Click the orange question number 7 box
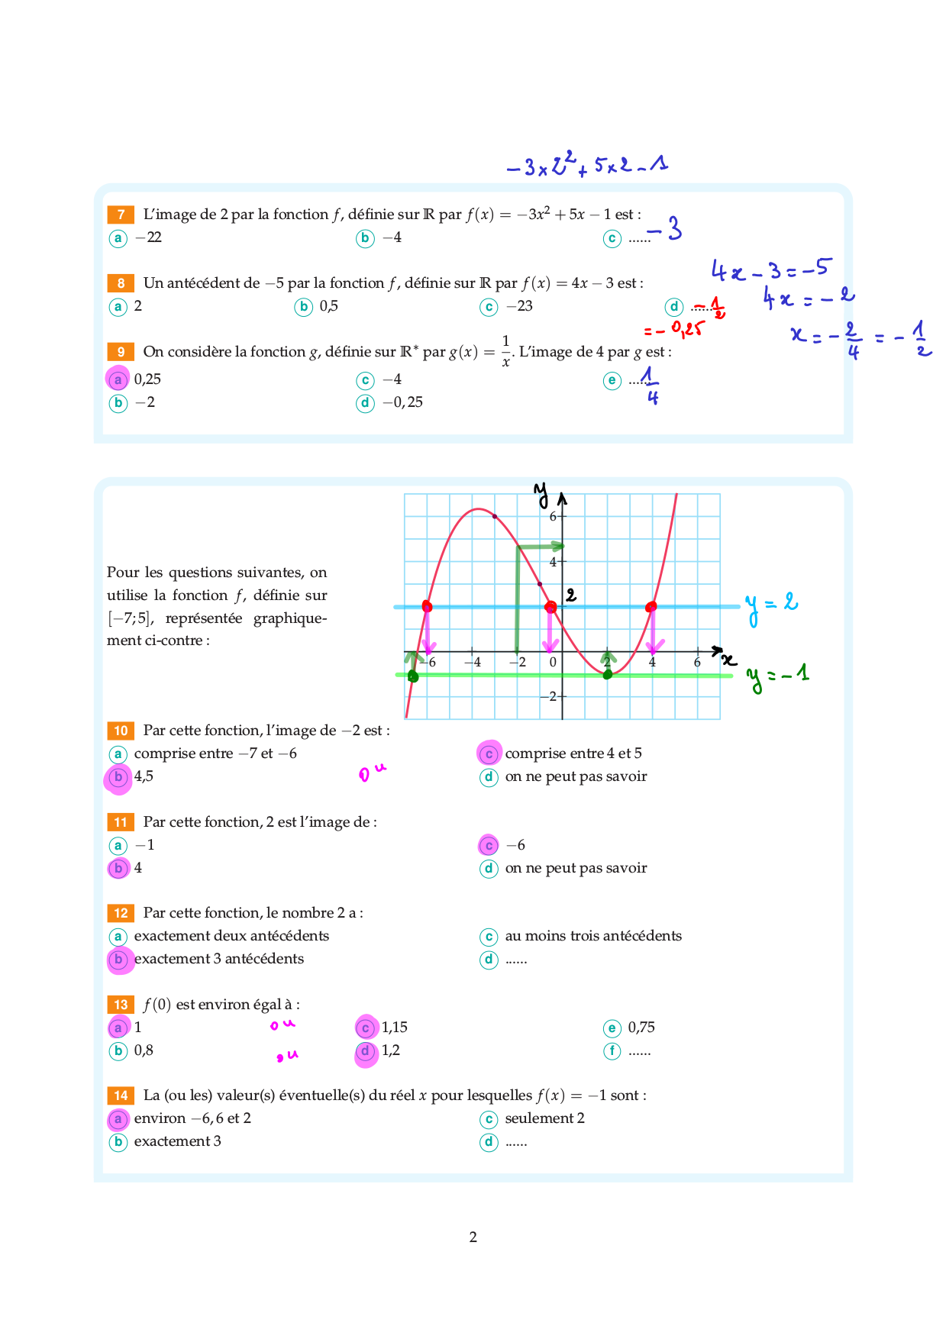(121, 215)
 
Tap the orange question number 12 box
(121, 913)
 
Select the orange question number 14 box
(121, 1095)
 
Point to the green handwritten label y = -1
(777, 676)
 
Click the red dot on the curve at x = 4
(651, 607)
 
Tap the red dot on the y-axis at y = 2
(550, 607)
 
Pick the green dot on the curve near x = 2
(608, 674)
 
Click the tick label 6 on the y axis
(553, 516)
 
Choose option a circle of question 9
(118, 379)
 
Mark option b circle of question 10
(118, 777)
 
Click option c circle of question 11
(489, 845)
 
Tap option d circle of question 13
(366, 1051)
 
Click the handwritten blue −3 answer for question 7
(665, 228)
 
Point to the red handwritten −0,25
(674, 330)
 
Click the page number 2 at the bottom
(473, 1237)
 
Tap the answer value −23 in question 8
(519, 306)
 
